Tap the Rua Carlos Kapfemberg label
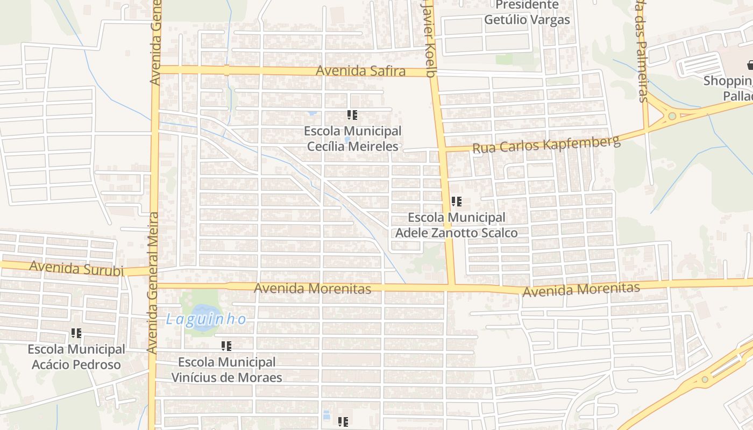546,144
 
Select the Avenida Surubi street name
76,268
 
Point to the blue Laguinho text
206,319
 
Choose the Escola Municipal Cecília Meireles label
353,139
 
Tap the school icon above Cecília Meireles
352,114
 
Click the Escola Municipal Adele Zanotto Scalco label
457,225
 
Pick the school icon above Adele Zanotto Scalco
457,202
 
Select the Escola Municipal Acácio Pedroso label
76,357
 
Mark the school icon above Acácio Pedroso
76,333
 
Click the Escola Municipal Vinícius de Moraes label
226,370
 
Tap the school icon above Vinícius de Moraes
226,346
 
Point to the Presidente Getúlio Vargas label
527,13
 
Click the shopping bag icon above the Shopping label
750,66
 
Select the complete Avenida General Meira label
153,283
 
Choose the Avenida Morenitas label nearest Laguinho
312,289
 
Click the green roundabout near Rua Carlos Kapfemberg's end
672,116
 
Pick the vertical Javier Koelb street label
428,38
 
